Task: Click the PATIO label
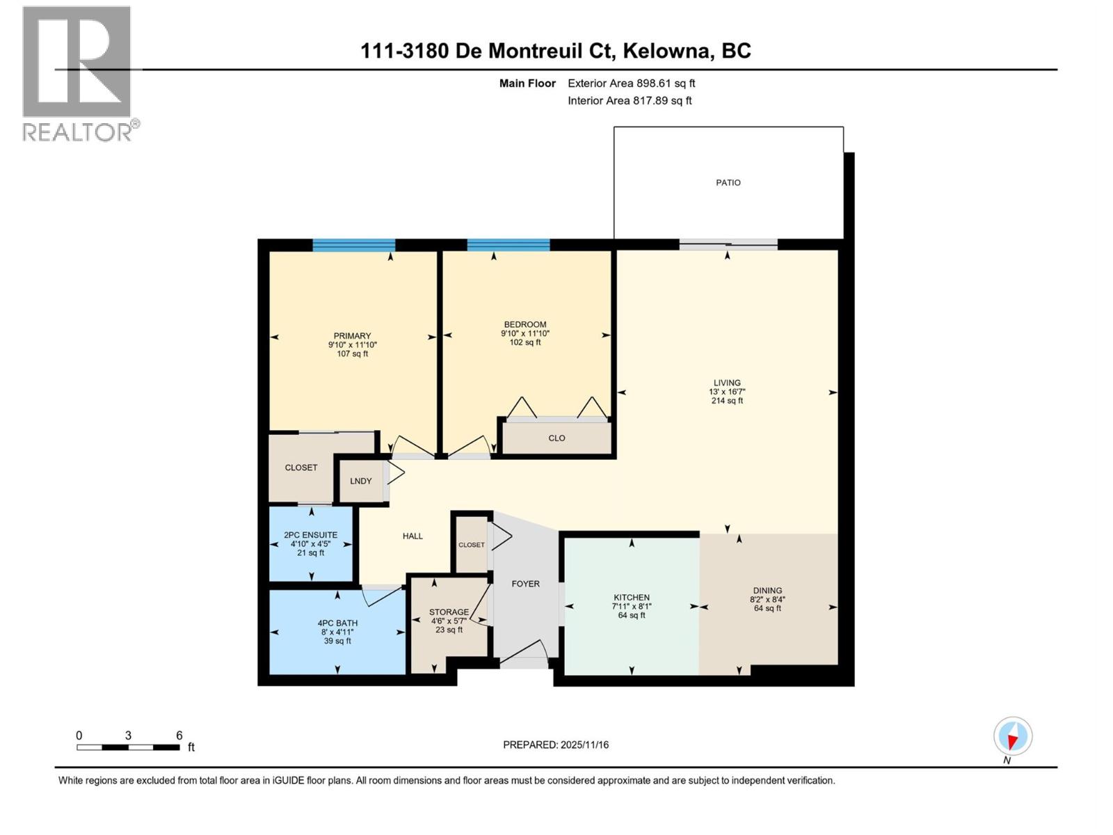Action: (x=728, y=182)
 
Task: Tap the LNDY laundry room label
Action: (x=360, y=481)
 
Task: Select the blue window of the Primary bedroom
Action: (x=353, y=244)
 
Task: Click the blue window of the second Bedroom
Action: (x=508, y=244)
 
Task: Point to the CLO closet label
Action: (x=556, y=438)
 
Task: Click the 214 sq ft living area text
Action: (x=727, y=401)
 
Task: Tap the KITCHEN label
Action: (x=631, y=597)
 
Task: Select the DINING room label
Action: (x=767, y=590)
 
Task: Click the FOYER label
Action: (x=525, y=584)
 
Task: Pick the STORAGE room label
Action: (x=449, y=612)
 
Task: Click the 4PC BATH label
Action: (x=337, y=623)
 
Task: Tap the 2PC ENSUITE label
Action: (x=310, y=535)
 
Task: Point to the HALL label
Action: (x=413, y=536)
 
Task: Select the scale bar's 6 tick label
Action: (x=179, y=735)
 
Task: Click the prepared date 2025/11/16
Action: (x=584, y=745)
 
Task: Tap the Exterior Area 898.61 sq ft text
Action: (x=631, y=83)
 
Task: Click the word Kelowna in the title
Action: (x=666, y=51)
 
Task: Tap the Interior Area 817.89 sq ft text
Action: (x=630, y=100)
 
